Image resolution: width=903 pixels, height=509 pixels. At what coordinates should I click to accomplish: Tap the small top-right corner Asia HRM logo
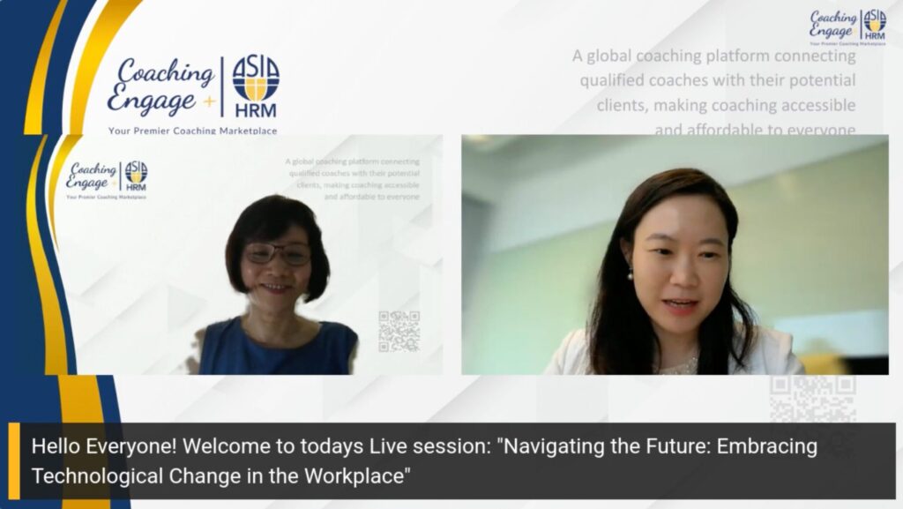click(x=875, y=21)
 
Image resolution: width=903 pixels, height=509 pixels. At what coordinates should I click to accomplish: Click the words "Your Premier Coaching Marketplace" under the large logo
click(x=193, y=131)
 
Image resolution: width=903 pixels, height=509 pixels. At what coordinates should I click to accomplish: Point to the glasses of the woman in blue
click(x=277, y=254)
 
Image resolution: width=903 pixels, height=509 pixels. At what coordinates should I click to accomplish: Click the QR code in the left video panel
click(x=399, y=331)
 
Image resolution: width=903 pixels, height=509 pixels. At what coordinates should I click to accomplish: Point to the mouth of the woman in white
click(x=680, y=305)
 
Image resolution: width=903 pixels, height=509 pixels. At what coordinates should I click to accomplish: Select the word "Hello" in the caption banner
click(x=57, y=446)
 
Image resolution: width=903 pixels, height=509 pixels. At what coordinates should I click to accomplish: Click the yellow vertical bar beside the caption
click(x=14, y=460)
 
